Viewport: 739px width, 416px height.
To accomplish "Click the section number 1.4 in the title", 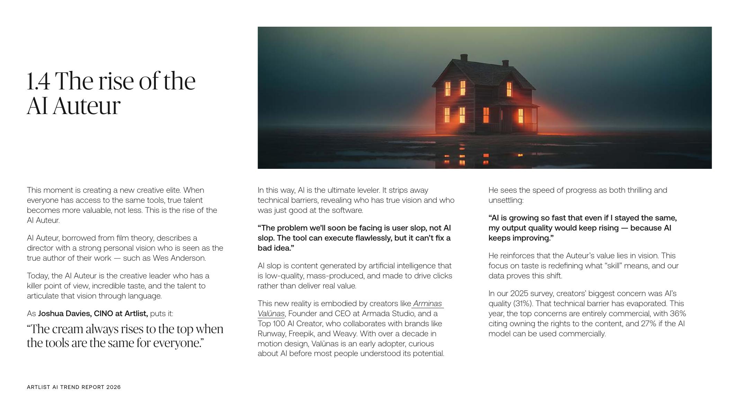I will pos(38,81).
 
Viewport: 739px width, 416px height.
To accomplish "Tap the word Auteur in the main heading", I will pos(87,106).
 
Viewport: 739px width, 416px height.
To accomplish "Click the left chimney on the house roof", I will pos(464,58).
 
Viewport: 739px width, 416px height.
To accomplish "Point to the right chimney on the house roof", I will pos(505,63).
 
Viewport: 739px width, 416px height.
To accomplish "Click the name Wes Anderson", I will pos(179,258).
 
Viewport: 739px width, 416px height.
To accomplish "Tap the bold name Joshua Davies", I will pos(64,314).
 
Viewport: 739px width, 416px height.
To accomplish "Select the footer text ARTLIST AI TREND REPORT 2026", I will pos(74,387).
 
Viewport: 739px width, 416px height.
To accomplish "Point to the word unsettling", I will pos(506,200).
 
